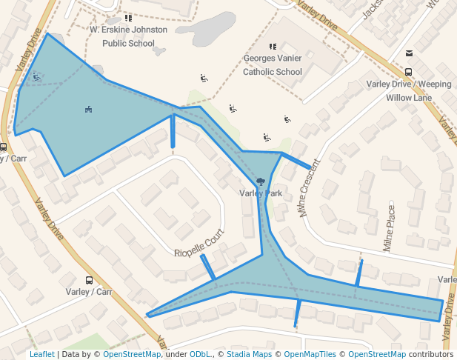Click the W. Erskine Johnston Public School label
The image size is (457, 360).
(128, 36)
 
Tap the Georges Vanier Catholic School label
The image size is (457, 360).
(273, 65)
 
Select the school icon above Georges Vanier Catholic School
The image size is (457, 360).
(273, 47)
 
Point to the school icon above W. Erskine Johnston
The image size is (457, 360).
(128, 18)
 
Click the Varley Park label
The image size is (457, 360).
(261, 193)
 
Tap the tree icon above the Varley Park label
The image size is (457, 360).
(261, 181)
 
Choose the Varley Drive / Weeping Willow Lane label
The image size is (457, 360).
(408, 90)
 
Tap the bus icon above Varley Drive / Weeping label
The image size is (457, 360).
(408, 72)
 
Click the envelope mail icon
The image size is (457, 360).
(409, 53)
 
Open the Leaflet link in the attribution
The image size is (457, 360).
(41, 354)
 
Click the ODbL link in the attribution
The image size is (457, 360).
(199, 354)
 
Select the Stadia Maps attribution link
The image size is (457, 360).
(248, 354)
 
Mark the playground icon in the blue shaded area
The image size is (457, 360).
(88, 110)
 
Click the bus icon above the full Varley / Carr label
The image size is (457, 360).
(89, 280)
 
